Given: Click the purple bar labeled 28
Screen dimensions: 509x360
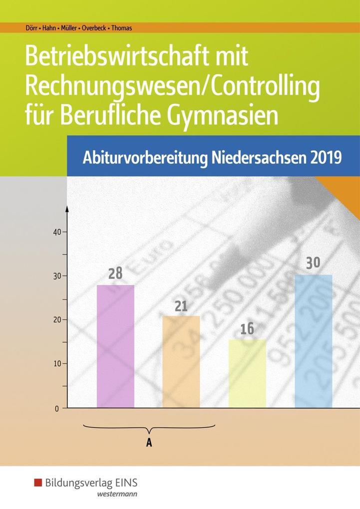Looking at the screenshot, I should coord(115,346).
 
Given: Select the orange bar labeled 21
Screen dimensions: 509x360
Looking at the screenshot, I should coord(181,362).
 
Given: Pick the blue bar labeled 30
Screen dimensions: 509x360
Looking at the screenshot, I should coord(313,341).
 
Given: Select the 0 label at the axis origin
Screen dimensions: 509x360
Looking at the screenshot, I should coord(57,408).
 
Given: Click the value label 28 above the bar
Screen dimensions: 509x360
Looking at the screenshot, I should coord(115,273).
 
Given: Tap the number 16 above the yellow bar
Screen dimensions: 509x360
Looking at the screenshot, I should coord(247,329).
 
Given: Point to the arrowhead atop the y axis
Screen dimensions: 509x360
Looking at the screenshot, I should coord(67,207).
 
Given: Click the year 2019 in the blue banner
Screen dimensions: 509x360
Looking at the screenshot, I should coord(327,158).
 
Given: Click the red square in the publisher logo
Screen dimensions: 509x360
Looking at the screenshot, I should coord(38,483).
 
